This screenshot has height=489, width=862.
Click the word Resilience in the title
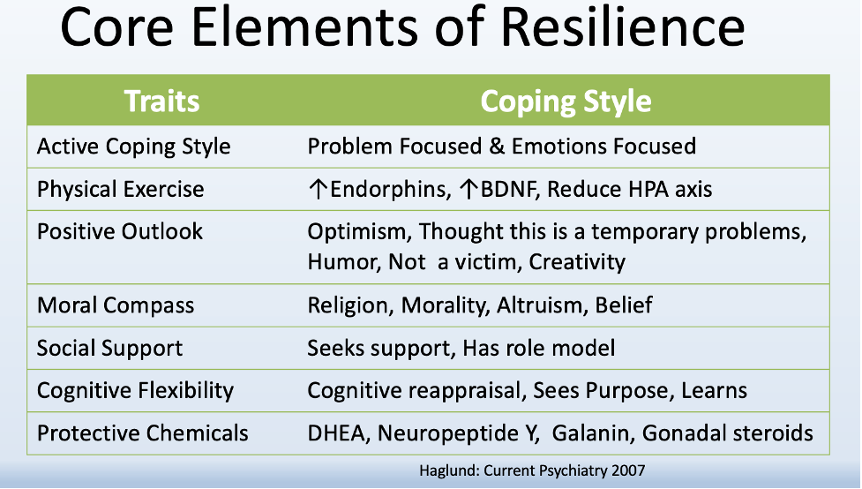pos(623,26)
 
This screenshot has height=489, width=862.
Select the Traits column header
pos(161,102)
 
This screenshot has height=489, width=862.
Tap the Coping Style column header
pos(566,102)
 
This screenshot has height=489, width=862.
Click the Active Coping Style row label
pos(133,147)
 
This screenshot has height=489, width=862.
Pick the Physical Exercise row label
pos(120,189)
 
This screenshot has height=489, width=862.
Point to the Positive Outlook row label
pos(120,231)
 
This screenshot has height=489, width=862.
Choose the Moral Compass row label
pos(116,305)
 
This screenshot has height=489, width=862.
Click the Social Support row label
pos(109,348)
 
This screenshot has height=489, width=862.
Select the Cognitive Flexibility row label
pos(135,390)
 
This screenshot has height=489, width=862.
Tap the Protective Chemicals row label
pos(142,433)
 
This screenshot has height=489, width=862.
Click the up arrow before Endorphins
pos(318,189)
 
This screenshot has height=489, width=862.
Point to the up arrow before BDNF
pos(468,189)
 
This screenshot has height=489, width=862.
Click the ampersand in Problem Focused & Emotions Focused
pos(497,147)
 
